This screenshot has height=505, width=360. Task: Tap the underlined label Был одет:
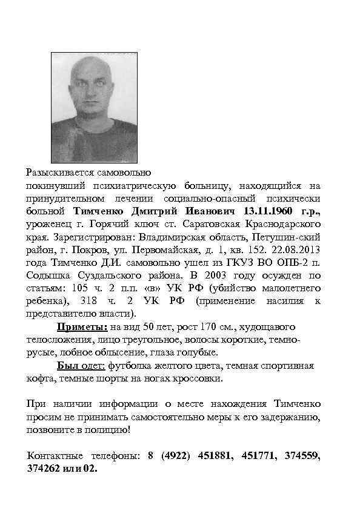click(82, 366)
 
